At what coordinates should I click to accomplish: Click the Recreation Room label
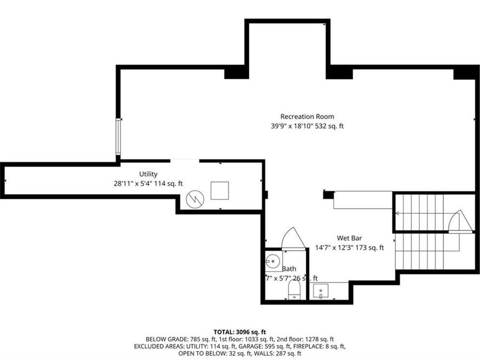pos(307,116)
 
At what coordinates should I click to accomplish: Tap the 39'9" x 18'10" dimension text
pos(307,126)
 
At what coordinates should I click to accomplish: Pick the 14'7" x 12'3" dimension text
pos(349,247)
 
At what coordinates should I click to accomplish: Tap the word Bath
pos(289,269)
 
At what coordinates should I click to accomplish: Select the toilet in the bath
pos(294,291)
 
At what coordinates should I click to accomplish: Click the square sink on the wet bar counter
pos(321,291)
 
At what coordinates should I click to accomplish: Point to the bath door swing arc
pos(293,238)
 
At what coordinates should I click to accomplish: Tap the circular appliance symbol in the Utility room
pos(195,200)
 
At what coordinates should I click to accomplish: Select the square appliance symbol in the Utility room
pos(220,190)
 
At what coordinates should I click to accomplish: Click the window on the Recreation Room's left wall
pos(118,137)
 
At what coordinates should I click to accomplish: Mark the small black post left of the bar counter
pos(329,195)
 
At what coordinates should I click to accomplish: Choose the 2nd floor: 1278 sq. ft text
pos(306,339)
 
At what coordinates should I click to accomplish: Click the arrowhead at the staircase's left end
pos(397,213)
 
